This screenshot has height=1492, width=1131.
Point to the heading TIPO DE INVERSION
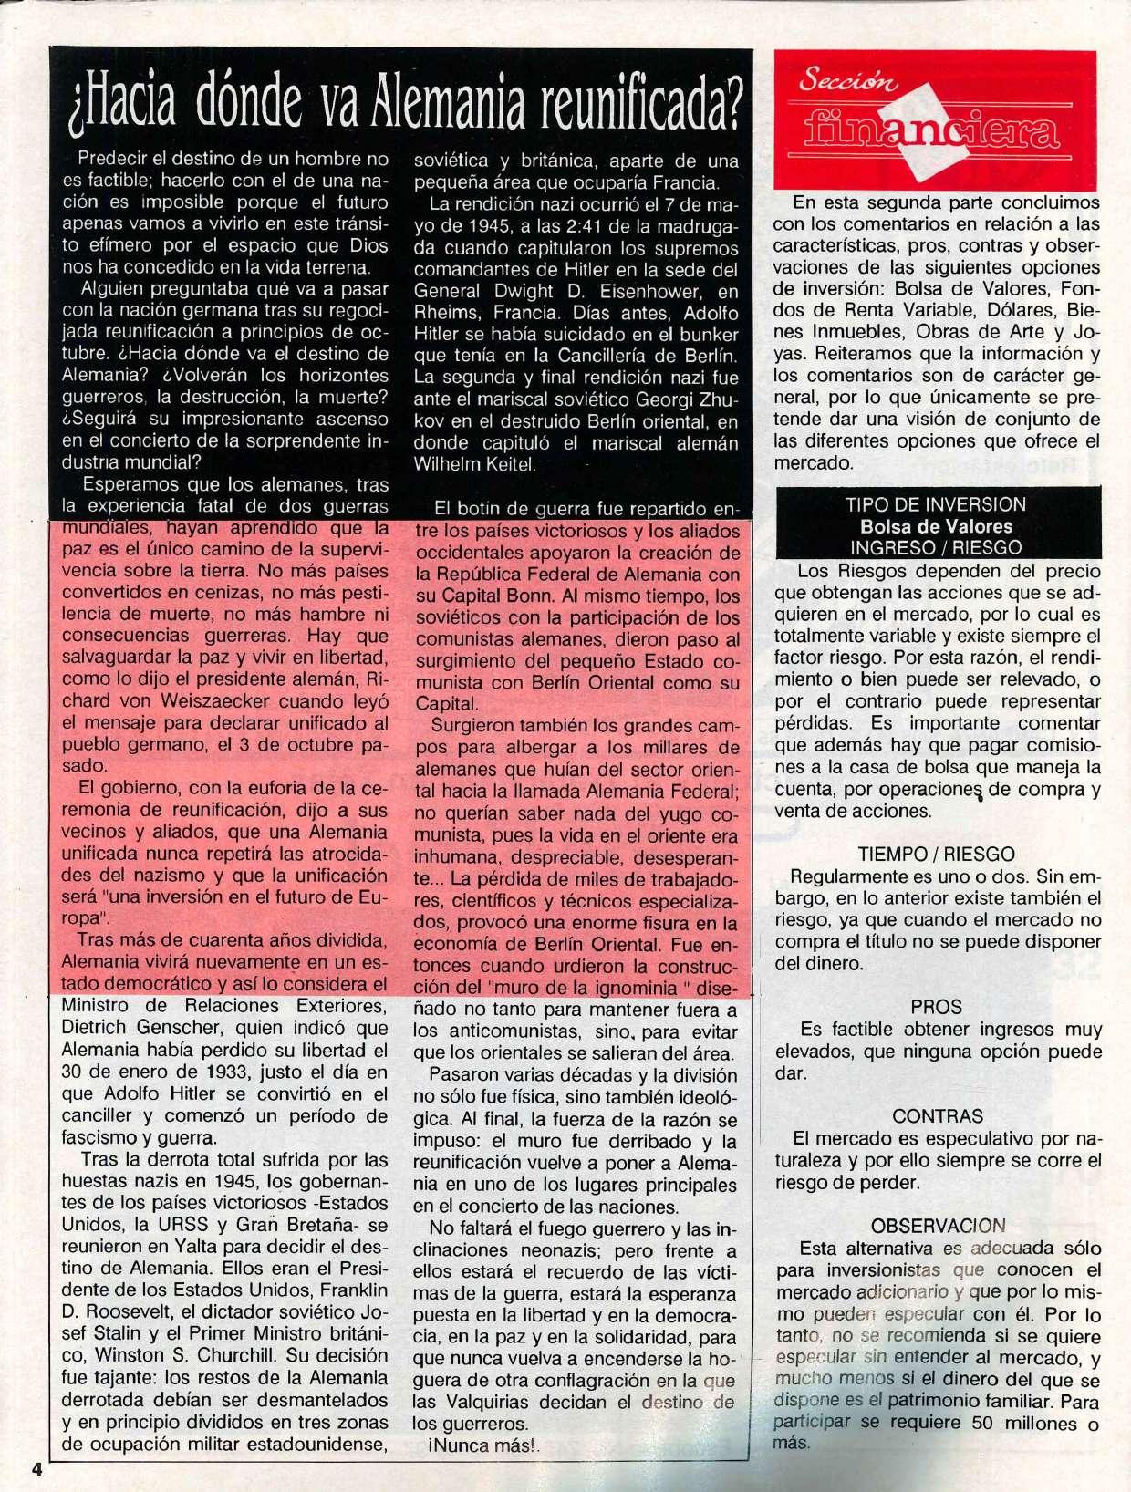pyautogui.click(x=935, y=504)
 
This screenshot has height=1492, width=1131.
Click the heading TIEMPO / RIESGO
pyautogui.click(x=936, y=855)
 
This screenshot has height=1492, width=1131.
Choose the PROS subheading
pyautogui.click(x=936, y=1007)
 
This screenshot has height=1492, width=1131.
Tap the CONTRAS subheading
pyautogui.click(x=938, y=1116)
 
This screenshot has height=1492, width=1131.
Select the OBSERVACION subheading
pyautogui.click(x=938, y=1226)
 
